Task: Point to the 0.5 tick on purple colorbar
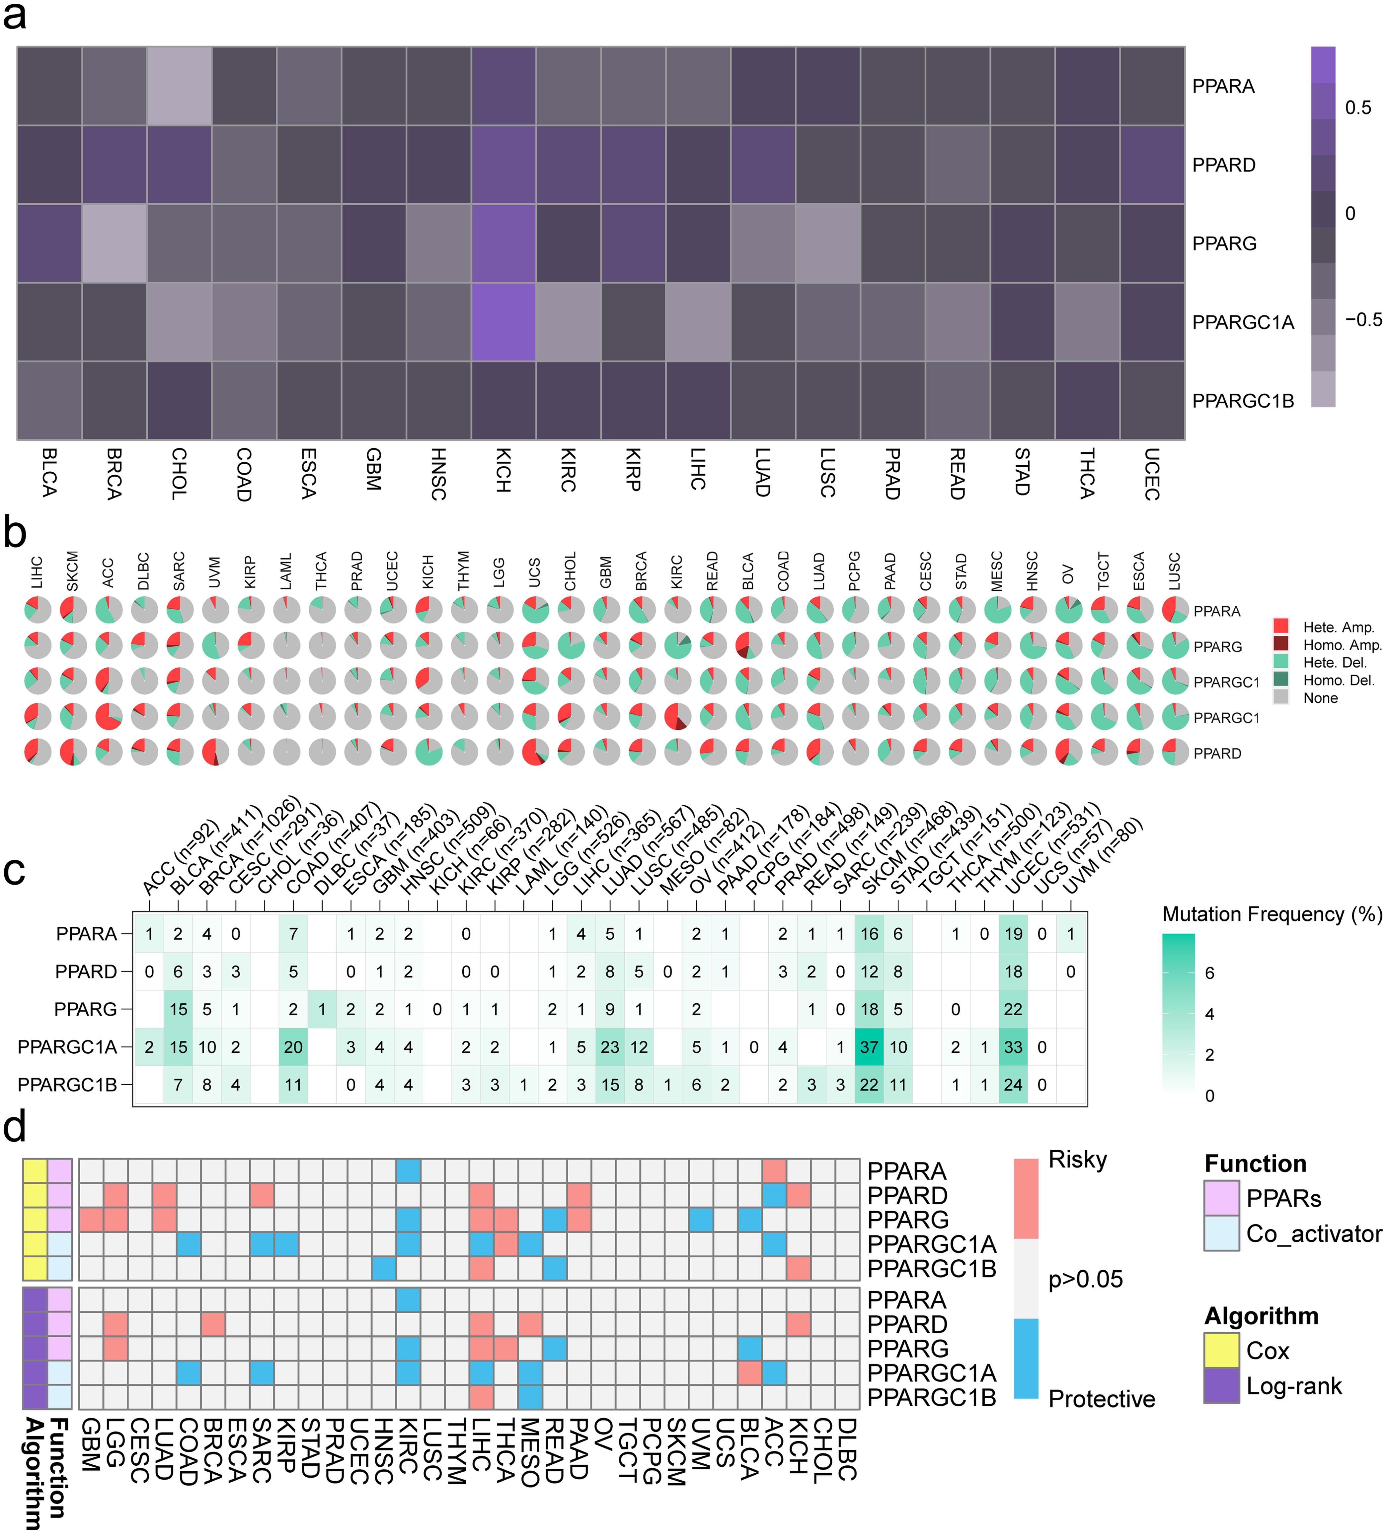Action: coord(1357,108)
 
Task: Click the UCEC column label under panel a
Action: coord(1152,473)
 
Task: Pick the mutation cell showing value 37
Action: coord(869,1047)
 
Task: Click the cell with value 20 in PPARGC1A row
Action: coord(293,1047)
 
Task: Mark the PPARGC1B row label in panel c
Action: coord(67,1085)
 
